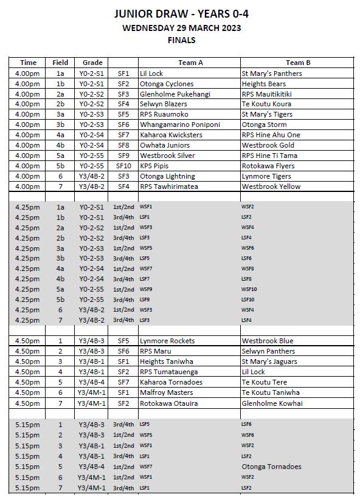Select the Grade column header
click(92, 63)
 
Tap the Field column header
click(60, 63)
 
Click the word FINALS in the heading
click(181, 40)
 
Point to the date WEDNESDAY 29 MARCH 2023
click(181, 27)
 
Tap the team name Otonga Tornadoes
click(271, 467)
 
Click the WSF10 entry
click(249, 289)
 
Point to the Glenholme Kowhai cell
click(272, 403)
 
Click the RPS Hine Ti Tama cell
click(269, 156)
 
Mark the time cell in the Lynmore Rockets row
click(28, 341)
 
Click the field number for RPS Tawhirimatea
click(60, 187)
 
